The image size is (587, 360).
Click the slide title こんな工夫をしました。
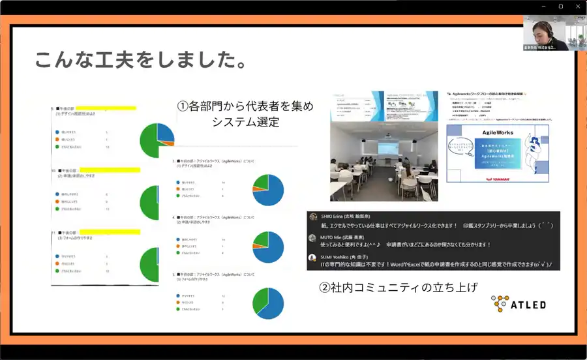(140, 62)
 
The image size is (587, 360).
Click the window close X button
(576, 6)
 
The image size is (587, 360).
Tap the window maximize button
(560, 6)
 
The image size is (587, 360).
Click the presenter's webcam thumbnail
(549, 33)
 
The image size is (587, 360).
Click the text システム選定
(246, 121)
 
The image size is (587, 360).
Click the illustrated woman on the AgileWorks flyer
(529, 153)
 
